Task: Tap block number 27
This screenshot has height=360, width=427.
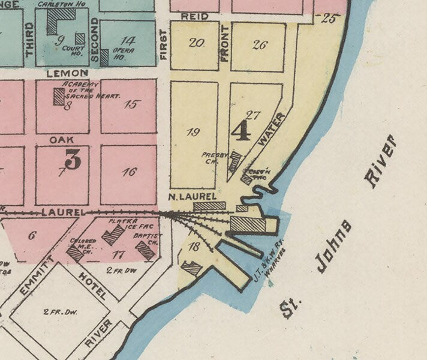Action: click(x=252, y=115)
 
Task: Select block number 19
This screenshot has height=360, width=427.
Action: click(x=193, y=133)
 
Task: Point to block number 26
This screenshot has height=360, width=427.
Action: click(x=259, y=44)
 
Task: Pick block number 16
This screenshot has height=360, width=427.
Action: click(x=129, y=172)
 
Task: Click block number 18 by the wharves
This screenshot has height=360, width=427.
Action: click(x=193, y=247)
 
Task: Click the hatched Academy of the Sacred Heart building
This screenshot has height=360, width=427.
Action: click(x=58, y=97)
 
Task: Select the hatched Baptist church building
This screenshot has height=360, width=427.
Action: click(x=146, y=250)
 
